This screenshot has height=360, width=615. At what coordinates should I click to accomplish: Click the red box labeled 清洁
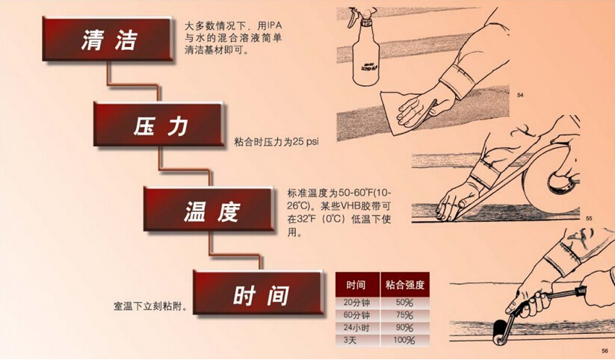[x=110, y=41]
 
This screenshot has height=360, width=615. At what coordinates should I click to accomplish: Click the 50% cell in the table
[x=404, y=302]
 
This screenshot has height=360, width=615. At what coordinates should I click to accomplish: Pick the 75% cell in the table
[x=404, y=315]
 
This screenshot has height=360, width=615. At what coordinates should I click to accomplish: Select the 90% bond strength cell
[x=404, y=328]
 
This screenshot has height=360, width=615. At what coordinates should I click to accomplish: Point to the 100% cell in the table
[x=404, y=341]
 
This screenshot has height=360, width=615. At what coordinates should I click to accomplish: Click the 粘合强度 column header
[x=404, y=285]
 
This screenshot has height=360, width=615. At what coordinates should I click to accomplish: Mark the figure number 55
[x=589, y=218]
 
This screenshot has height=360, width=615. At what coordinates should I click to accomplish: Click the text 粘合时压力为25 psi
[x=271, y=141]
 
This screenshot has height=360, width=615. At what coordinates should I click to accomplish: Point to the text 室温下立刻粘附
[x=149, y=306]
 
